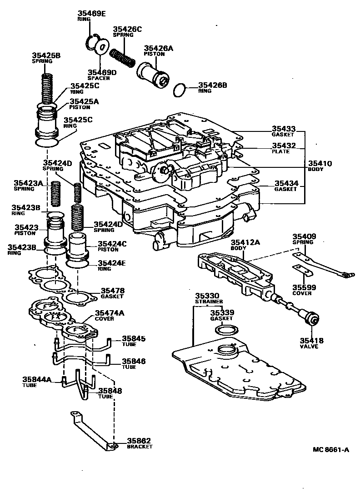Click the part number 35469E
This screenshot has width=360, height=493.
pos(90,14)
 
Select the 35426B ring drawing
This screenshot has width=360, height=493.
pos(180,89)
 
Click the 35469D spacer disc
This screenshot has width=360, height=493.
pos(101,46)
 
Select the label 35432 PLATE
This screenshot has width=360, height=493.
pos(284,148)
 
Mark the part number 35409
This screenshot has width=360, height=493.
pos(304,236)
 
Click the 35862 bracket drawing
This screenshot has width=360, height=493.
pos(91,430)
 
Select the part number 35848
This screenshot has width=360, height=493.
pos(110,391)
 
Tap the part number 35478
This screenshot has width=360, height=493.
pos(112,290)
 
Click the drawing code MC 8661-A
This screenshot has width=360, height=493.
pos(330,450)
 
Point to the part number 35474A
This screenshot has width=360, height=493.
pos(109,313)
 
